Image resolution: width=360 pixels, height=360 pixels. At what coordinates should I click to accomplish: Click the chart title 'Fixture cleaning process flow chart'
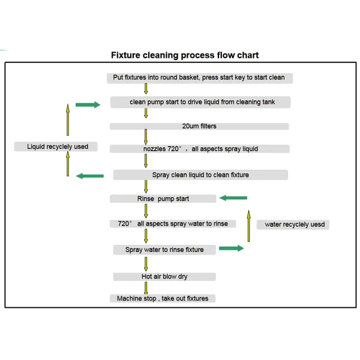tap(185, 55)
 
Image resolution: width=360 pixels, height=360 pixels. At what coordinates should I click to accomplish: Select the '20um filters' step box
tap(199, 126)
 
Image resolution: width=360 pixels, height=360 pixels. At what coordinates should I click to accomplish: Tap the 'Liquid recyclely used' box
tap(56, 146)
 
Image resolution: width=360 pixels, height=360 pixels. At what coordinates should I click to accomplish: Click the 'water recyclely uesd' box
tap(293, 224)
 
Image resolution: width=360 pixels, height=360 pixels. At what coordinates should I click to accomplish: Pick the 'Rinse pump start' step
tap(163, 199)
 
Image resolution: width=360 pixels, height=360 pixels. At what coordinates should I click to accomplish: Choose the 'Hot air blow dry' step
tap(164, 277)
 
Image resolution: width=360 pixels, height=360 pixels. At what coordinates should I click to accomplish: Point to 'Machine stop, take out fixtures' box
tap(163, 298)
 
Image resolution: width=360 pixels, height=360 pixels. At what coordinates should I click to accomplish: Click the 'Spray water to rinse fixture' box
tap(164, 250)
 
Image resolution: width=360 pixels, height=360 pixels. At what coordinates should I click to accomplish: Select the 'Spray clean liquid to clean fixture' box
tap(200, 175)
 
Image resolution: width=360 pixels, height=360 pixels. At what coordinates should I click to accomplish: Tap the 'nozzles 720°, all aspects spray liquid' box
tap(200, 149)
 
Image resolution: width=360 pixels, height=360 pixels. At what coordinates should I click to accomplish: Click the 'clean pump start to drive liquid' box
tap(200, 102)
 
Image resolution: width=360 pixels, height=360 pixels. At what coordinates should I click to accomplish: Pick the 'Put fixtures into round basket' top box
tap(200, 78)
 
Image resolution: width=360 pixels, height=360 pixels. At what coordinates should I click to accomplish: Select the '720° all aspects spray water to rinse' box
tap(173, 224)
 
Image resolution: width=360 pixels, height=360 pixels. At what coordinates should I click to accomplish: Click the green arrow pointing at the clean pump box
tap(88, 104)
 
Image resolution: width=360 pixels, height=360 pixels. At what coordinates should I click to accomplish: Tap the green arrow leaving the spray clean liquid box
tap(90, 176)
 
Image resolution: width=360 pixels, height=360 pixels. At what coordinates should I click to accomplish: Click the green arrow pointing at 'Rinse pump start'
tap(233, 198)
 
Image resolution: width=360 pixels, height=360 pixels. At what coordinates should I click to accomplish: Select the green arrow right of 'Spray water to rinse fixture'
tap(232, 248)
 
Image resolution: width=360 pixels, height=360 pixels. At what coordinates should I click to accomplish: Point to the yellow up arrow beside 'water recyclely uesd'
tap(248, 226)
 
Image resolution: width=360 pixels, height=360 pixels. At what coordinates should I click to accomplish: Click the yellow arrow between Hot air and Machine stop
tap(146, 288)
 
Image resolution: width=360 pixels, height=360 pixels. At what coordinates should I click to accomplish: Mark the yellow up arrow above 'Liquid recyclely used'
tap(68, 120)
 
